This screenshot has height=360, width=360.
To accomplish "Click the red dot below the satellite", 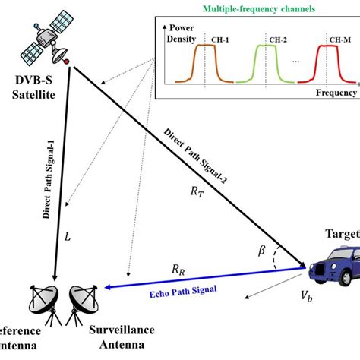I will tap(68, 62).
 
